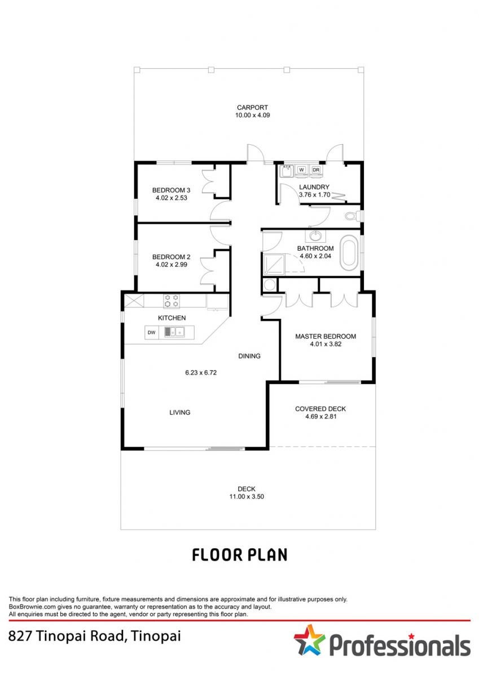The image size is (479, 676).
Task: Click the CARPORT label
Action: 252,108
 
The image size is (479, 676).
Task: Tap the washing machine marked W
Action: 301,171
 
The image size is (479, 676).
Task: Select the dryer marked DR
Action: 316,171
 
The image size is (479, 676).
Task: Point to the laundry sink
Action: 285,171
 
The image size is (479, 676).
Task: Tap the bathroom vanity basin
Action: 315,236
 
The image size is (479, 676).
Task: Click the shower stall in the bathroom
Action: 274,265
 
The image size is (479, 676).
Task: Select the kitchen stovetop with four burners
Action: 172,301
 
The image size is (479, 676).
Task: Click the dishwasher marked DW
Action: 152,332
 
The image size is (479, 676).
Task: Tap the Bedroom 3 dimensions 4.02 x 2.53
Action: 172,198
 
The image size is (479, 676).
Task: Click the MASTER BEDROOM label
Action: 326,336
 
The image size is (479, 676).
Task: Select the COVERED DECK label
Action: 320,408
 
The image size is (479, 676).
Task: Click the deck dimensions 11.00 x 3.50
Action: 247,496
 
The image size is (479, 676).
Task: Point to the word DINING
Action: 249,356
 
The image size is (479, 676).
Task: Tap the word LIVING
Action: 180,412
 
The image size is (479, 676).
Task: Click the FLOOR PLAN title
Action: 240,555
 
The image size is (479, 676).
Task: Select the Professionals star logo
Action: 310,639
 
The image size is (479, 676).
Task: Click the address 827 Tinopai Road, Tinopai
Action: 95,636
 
